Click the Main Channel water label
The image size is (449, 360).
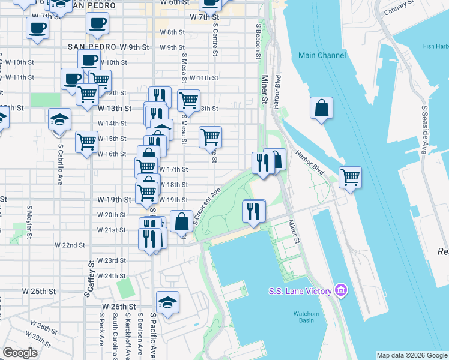tap(322, 56)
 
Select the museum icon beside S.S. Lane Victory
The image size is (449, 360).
tap(341, 292)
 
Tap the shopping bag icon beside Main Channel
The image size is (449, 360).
tap(322, 108)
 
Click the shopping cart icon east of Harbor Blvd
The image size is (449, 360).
tap(350, 178)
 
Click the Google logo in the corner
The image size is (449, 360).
tap(20, 353)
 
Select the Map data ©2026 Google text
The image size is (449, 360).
tap(411, 355)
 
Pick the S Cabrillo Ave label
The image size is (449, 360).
tap(61, 162)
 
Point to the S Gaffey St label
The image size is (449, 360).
tap(91, 279)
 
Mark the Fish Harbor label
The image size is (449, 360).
tap(435, 46)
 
